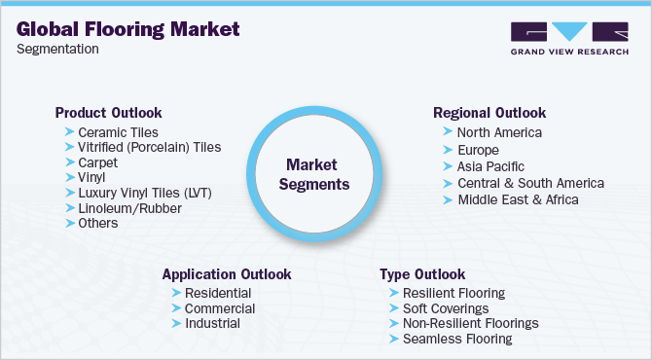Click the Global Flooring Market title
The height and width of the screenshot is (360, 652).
click(x=127, y=29)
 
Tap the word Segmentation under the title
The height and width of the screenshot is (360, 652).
click(x=57, y=49)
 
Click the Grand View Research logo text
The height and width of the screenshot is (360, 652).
click(x=569, y=52)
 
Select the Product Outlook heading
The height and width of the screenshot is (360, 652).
click(x=109, y=113)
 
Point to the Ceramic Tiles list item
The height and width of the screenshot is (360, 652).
click(x=118, y=132)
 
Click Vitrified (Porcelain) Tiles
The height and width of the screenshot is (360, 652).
click(x=150, y=147)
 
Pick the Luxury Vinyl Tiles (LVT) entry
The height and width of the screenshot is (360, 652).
click(x=145, y=193)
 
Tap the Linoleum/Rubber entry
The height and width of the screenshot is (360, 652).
click(x=130, y=208)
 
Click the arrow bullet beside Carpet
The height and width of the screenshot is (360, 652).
click(x=70, y=162)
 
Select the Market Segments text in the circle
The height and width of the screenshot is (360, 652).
click(x=314, y=174)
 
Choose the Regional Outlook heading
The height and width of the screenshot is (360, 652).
click(x=489, y=113)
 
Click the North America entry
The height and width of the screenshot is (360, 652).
click(x=499, y=132)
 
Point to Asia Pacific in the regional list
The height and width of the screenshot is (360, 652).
click(x=490, y=166)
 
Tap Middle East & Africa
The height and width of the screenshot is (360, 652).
click(x=518, y=199)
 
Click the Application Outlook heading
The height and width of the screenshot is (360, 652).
click(x=227, y=274)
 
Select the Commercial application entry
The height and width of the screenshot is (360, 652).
click(x=220, y=308)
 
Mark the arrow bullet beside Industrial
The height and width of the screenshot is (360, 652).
click(x=176, y=323)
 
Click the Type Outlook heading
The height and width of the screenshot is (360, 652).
click(x=422, y=274)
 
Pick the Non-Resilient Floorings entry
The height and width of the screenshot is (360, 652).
click(x=471, y=323)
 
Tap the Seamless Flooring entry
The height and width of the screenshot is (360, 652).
click(x=457, y=339)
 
